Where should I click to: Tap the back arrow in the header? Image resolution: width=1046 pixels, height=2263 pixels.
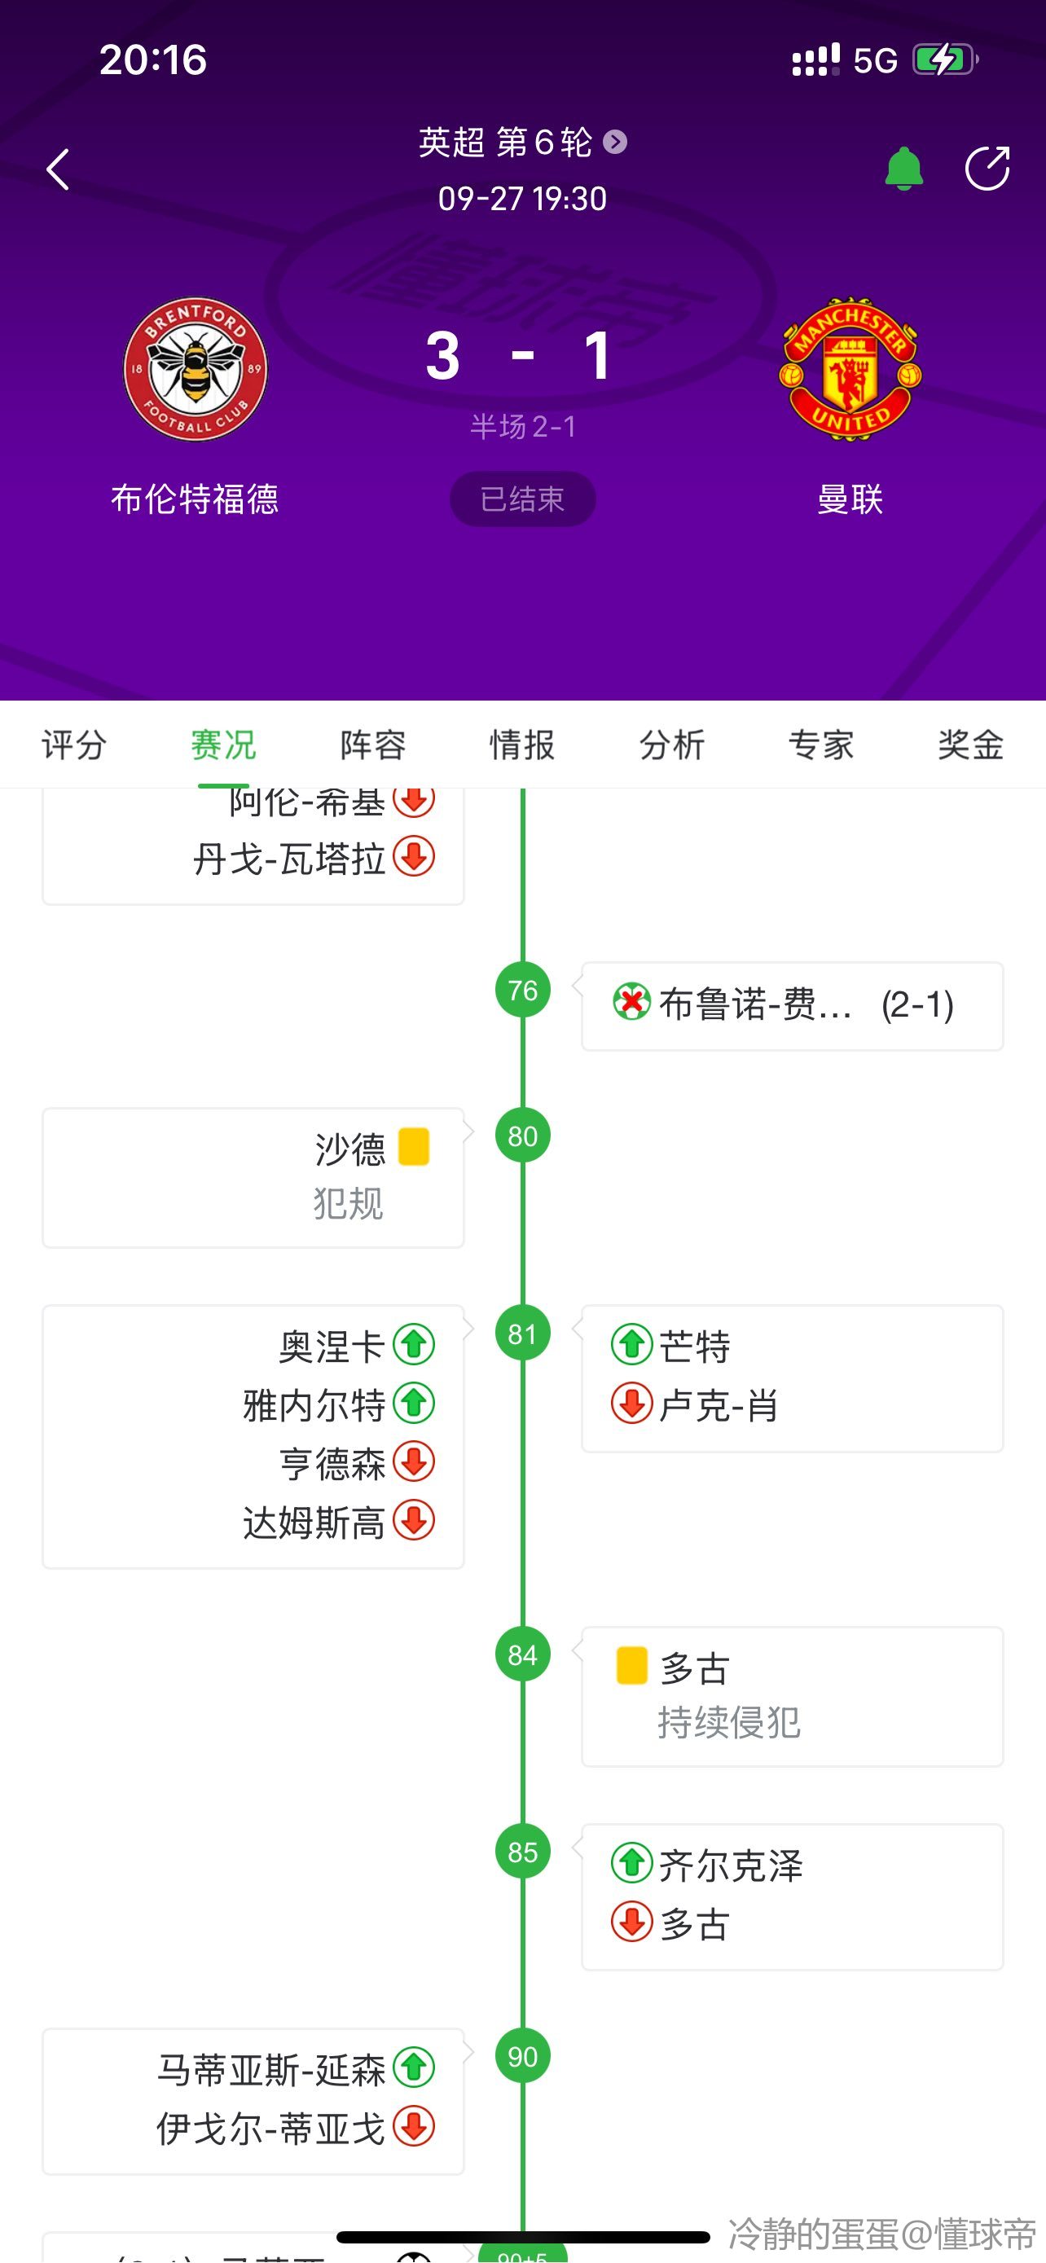pyautogui.click(x=58, y=169)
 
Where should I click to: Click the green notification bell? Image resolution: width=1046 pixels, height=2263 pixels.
pyautogui.click(x=903, y=169)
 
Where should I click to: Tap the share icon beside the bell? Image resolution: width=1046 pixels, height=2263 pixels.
pyautogui.click(x=987, y=168)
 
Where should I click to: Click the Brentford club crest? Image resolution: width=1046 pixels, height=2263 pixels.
pyautogui.click(x=195, y=369)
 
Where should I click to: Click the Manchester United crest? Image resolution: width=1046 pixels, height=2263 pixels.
pyautogui.click(x=850, y=369)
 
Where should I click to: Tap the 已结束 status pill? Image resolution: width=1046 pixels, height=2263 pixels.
pyautogui.click(x=522, y=499)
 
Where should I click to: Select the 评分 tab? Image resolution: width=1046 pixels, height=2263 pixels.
pyautogui.click(x=75, y=745)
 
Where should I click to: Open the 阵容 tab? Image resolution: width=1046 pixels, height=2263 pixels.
pyautogui.click(x=373, y=745)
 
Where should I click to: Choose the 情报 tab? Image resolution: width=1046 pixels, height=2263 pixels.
pyautogui.click(x=522, y=745)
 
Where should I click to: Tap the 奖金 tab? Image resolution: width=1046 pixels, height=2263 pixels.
pyautogui.click(x=970, y=745)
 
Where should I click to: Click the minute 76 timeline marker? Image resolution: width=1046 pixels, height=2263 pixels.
pyautogui.click(x=522, y=990)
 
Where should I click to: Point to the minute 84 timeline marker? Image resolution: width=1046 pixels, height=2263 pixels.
pyautogui.click(x=522, y=1655)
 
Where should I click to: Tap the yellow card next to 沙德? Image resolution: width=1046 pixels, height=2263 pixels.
pyautogui.click(x=414, y=1146)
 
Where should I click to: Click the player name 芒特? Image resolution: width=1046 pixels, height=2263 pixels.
pyautogui.click(x=695, y=1346)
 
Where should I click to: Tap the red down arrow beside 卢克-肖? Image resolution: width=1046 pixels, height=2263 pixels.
pyautogui.click(x=631, y=1404)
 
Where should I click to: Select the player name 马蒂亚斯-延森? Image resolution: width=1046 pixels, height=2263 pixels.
pyautogui.click(x=270, y=2071)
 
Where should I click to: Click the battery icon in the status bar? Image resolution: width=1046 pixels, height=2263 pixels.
pyautogui.click(x=944, y=59)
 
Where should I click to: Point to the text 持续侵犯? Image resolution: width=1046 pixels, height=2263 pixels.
pyautogui.click(x=729, y=1723)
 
